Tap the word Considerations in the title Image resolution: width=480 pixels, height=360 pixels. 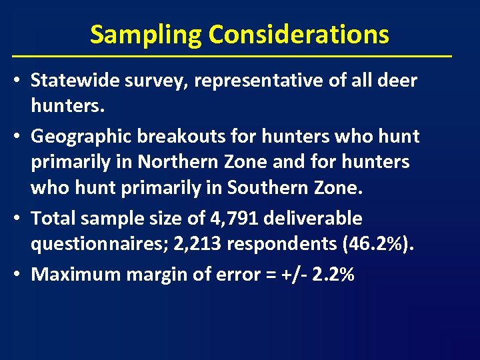[x=299, y=34]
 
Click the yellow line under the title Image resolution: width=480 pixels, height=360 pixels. [x=232, y=55]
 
